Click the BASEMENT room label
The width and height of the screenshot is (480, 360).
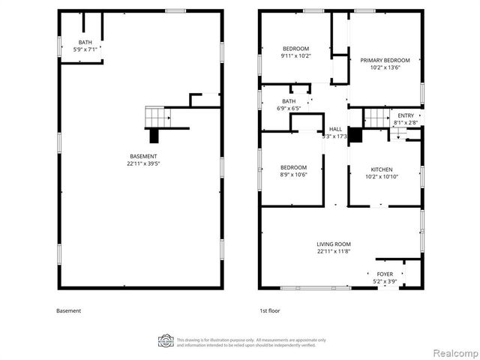click(141, 156)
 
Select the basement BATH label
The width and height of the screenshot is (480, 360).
click(85, 42)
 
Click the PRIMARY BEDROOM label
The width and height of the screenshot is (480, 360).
click(385, 60)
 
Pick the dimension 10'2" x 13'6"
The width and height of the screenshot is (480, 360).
click(385, 67)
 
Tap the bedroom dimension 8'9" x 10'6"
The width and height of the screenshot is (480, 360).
click(293, 174)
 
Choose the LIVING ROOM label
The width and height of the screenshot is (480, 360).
click(333, 244)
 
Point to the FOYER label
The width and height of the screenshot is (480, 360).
click(384, 274)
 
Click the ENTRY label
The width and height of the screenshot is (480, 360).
click(405, 115)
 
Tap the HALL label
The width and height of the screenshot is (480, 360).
click(335, 129)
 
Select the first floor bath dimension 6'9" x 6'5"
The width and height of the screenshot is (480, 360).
click(289, 108)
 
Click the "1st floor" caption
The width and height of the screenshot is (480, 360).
click(269, 310)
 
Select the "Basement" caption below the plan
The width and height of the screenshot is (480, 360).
click(68, 310)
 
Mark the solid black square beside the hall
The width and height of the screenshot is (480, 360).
click(355, 135)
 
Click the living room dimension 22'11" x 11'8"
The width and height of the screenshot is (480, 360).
click(333, 251)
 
